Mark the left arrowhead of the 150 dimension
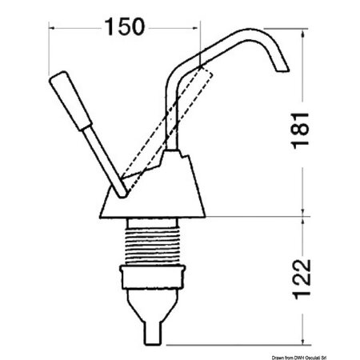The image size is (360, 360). (x=54, y=26)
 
